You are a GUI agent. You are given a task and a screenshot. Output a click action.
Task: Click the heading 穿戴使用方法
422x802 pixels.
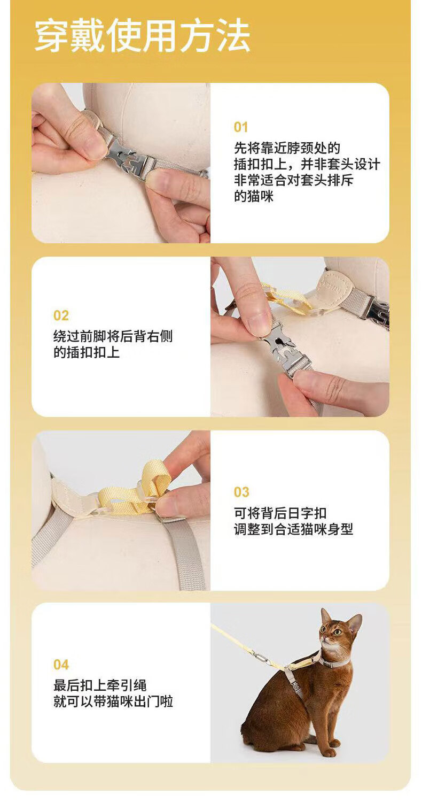click(142, 36)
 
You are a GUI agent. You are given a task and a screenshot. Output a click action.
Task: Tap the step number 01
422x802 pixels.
click(241, 127)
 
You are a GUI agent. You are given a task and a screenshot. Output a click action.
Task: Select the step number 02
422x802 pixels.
click(61, 315)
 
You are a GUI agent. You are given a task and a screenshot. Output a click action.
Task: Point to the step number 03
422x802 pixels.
click(241, 492)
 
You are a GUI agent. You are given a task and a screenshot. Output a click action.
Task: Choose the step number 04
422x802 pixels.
click(61, 665)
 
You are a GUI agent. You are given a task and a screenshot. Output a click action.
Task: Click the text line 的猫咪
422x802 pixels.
click(254, 197)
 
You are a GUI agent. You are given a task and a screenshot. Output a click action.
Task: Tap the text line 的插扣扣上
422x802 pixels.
click(87, 352)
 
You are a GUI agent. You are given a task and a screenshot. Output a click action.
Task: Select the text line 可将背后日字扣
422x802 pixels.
click(280, 513)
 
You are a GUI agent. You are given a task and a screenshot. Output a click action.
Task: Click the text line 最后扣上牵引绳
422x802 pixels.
click(100, 685)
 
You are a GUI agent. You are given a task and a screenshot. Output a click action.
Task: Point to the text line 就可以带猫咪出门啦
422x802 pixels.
click(113, 701)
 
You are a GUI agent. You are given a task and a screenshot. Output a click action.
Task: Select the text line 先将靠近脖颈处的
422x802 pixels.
click(287, 148)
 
